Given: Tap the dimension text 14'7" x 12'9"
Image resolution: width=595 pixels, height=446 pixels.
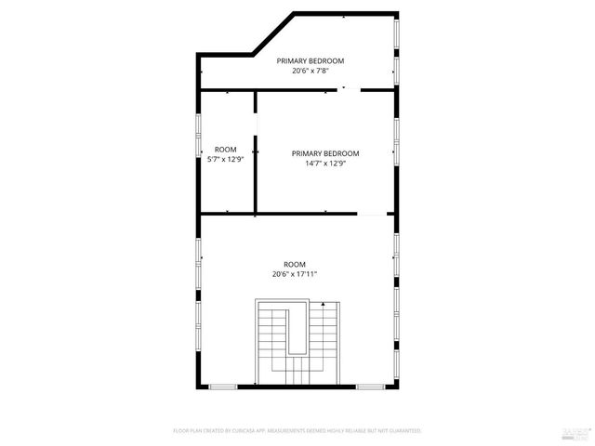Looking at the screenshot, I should point(324,164).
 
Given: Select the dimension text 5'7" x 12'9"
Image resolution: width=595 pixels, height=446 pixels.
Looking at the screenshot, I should point(225,159).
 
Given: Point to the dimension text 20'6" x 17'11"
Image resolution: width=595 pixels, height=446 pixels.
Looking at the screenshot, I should point(295,274).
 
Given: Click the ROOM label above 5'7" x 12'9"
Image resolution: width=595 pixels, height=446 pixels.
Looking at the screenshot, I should point(225,149).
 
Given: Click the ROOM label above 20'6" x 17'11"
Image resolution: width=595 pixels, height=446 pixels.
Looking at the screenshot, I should point(295,264).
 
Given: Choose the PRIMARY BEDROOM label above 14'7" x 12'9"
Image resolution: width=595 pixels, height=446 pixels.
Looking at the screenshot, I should point(324,153).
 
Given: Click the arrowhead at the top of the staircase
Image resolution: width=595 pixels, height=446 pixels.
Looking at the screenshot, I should point(324,304).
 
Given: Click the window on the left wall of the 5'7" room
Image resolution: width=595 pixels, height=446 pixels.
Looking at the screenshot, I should point(199,137).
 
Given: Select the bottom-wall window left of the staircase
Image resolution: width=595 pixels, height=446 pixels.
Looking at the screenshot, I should point(223,386).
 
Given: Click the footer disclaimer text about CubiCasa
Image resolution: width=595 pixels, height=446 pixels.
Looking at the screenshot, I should point(297,431).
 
